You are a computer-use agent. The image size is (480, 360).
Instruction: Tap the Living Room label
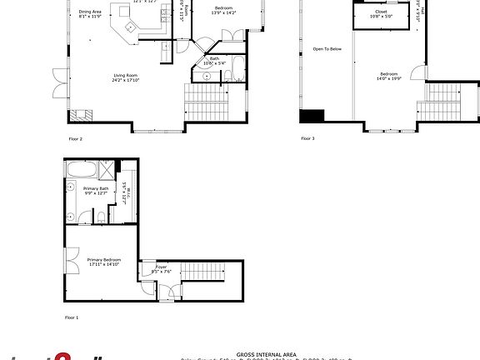126,79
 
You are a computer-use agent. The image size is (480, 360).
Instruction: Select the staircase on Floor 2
205,104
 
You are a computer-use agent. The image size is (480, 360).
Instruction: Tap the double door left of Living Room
58,83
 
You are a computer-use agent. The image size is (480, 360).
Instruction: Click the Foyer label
161,269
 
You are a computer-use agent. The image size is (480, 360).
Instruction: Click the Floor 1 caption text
72,317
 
